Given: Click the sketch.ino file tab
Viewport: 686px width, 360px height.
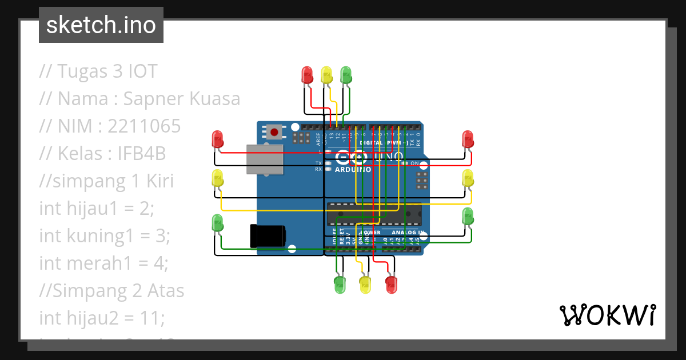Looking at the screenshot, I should tap(101, 25).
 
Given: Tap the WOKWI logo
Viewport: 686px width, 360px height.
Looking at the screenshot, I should tap(607, 315).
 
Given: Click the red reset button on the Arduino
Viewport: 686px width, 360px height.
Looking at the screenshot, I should tap(274, 133).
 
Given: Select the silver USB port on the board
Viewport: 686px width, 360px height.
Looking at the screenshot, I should tap(265, 159).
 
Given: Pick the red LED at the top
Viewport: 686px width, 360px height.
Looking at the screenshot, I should tap(307, 75).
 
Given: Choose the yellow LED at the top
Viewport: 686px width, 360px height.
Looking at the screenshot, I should tap(326, 75).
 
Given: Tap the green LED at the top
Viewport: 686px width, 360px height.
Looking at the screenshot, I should tap(346, 75).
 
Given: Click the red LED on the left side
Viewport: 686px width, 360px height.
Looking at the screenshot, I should tap(217, 139).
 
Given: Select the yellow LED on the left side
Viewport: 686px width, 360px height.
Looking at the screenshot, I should tap(217, 178).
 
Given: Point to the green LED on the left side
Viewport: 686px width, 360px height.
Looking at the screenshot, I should tap(217, 222).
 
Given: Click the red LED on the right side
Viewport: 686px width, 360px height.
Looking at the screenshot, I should tap(468, 139).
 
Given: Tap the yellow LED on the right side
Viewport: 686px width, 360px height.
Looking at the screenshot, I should tap(468, 178).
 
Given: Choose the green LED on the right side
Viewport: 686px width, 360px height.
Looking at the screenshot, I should tap(468, 217).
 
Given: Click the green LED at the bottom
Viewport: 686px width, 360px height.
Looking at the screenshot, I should tap(340, 284).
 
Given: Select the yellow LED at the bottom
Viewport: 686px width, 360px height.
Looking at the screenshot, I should tap(365, 284).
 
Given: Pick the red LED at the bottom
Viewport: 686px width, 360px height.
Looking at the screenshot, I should tap(391, 284).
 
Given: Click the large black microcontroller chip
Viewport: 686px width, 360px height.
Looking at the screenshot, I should tap(374, 214).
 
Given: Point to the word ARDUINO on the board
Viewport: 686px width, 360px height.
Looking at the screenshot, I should tap(353, 170).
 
